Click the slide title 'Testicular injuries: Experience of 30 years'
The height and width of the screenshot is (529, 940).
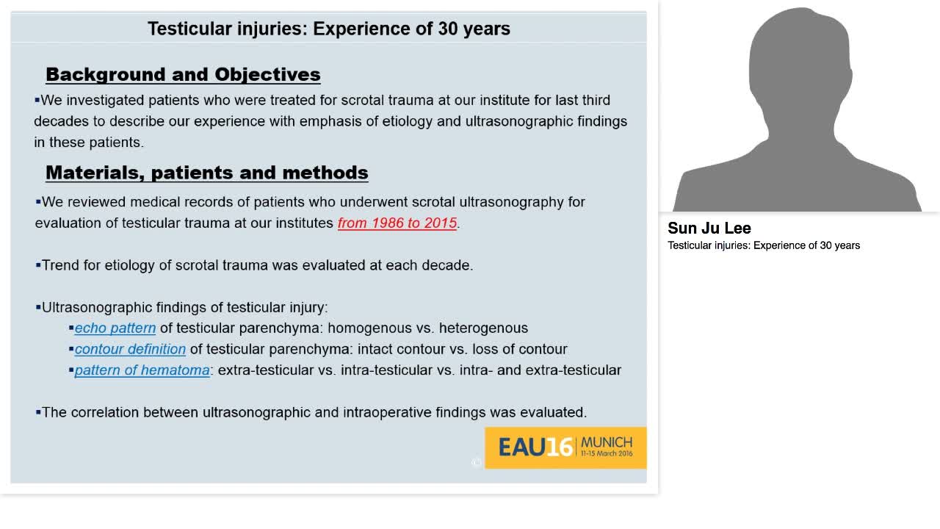pos(328,29)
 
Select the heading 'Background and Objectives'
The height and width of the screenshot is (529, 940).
pos(183,74)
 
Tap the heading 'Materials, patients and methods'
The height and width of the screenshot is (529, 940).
pos(206,172)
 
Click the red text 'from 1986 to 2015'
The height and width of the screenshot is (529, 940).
pos(397,223)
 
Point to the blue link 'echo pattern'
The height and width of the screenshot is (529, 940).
pos(115,328)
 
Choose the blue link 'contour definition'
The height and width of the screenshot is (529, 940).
pos(130,349)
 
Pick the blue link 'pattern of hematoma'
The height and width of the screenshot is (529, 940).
pos(142,370)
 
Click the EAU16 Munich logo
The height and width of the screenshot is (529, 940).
pos(565,447)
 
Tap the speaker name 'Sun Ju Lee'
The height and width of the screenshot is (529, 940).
pos(709,228)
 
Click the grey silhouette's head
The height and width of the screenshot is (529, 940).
pos(800,59)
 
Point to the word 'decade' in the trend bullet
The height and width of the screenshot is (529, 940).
pos(446,265)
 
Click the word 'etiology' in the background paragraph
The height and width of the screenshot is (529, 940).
pos(407,121)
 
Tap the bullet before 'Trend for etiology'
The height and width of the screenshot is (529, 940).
pos(38,265)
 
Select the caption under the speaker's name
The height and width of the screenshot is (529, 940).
pos(764,245)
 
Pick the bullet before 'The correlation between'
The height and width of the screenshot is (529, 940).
pos(38,412)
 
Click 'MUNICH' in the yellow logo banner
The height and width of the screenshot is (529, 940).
pos(606,442)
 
